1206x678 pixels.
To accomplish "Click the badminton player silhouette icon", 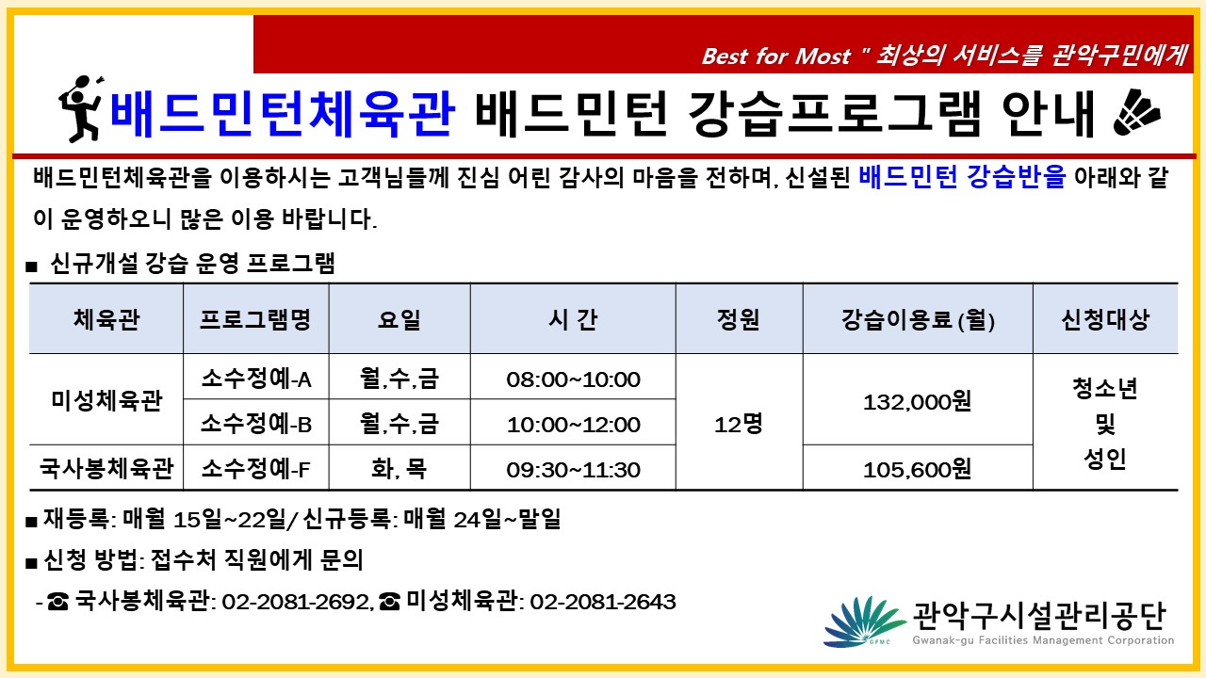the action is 81,109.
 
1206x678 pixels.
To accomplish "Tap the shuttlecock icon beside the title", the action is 1136,113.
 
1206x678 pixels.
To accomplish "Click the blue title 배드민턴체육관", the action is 282,114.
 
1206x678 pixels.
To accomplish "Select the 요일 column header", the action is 399,319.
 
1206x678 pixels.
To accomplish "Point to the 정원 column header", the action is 738,319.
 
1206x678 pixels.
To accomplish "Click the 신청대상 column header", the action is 1105,319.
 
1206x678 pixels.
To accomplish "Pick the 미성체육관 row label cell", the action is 106,400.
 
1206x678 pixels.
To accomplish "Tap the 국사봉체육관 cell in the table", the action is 106,468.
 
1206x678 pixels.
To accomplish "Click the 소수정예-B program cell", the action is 256,424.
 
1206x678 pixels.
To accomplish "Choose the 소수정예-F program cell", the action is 256,469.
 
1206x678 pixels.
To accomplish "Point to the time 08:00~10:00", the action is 574,379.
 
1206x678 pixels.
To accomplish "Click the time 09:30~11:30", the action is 574,470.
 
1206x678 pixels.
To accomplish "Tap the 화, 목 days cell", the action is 399,469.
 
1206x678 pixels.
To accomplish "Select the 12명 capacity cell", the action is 739,425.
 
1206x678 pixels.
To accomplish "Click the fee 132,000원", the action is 918,401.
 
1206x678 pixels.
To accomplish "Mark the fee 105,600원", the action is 918,469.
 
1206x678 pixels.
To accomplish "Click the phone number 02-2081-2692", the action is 296,602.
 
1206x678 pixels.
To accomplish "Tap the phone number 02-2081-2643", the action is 603,602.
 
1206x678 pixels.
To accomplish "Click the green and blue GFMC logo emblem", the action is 864,622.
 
